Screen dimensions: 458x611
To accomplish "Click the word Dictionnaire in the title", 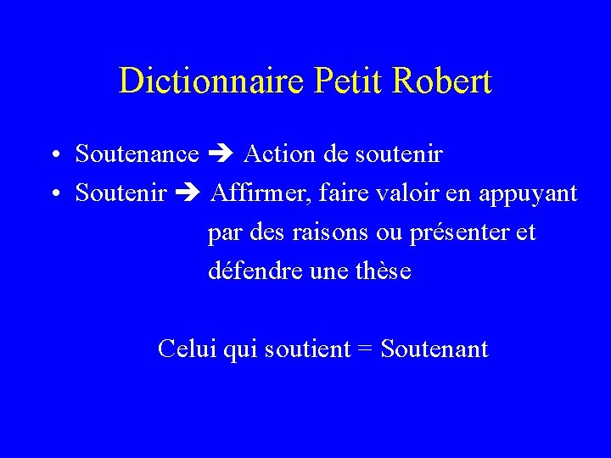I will pyautogui.click(x=214, y=81).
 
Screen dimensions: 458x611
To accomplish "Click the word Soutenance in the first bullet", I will pyautogui.click(x=137, y=154).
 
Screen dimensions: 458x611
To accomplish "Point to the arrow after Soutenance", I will pyautogui.click(x=221, y=154).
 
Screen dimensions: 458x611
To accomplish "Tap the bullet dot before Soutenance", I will pyautogui.click(x=53, y=156).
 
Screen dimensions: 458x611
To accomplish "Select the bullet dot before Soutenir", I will pyautogui.click(x=53, y=195).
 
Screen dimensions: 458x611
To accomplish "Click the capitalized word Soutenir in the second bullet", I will pyautogui.click(x=121, y=193).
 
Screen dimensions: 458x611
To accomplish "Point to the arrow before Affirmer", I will pyautogui.click(x=187, y=193).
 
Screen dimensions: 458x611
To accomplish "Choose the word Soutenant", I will pyautogui.click(x=434, y=349).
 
